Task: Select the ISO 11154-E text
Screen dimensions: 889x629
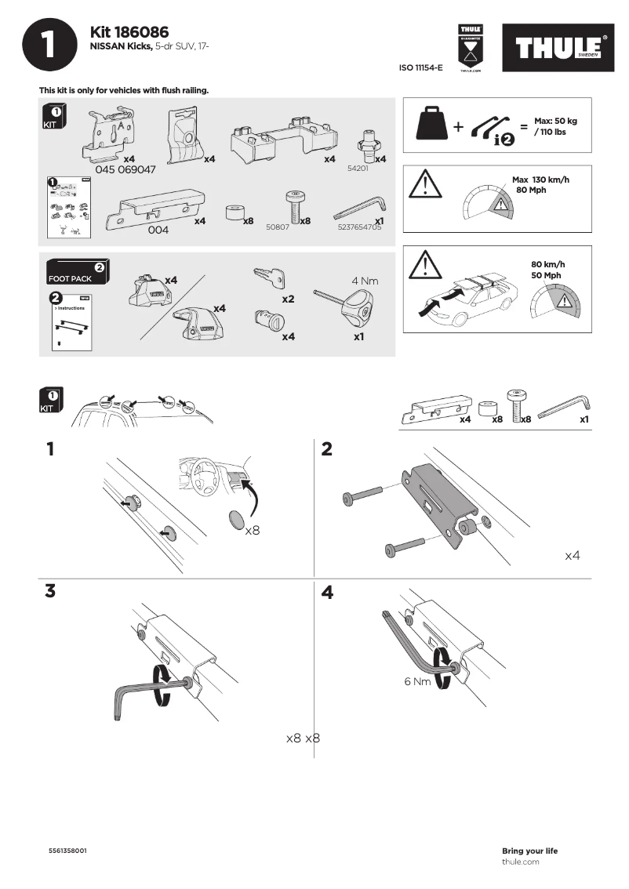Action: click(x=421, y=68)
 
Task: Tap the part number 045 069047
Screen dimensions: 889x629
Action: click(x=125, y=169)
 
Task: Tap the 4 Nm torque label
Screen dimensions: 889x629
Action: click(x=365, y=280)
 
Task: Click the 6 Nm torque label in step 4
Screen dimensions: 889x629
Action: click(x=417, y=681)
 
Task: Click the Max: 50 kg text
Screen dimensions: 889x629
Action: click(x=555, y=122)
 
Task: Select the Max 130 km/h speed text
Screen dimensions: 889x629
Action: click(x=541, y=180)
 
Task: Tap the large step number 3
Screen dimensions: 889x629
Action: click(x=50, y=592)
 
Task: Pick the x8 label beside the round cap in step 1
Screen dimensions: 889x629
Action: click(x=252, y=531)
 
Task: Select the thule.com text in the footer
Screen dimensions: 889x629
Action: click(x=520, y=862)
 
